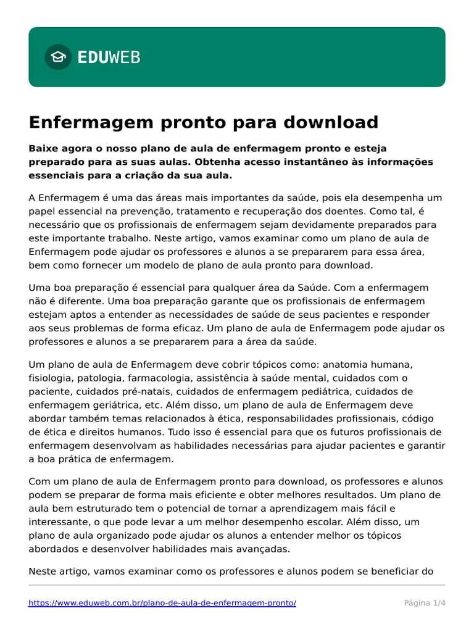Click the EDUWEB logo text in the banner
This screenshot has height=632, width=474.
click(x=109, y=57)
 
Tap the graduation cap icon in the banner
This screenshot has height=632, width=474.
click(x=58, y=57)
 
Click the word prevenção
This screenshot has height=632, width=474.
click(x=136, y=211)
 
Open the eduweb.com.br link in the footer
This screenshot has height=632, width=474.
click(x=162, y=602)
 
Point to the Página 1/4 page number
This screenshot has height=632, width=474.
click(x=425, y=602)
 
